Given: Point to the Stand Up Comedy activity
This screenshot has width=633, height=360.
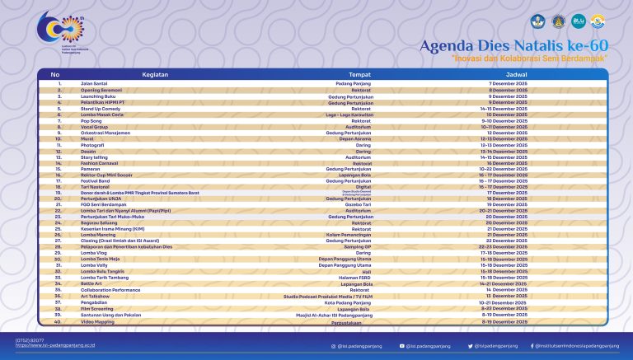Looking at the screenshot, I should click(97, 108).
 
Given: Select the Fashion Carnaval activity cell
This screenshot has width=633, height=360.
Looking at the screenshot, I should click(99, 164).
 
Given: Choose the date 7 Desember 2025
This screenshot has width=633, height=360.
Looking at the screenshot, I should click(502, 84).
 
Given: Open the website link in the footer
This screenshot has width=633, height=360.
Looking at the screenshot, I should click(48, 346).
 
